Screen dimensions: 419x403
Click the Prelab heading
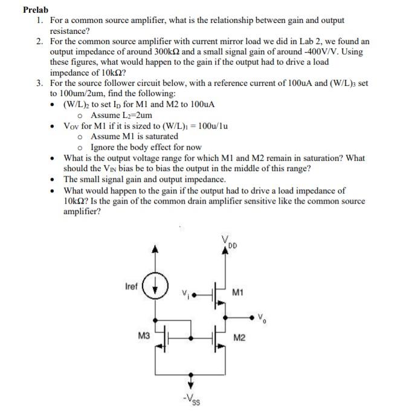click(x=35, y=10)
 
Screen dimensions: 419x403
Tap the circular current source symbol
click(x=155, y=284)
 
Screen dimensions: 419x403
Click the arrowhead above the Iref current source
click(x=155, y=248)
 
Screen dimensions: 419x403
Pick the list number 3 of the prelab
click(x=39, y=83)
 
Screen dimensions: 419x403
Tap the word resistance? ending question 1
click(x=69, y=30)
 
